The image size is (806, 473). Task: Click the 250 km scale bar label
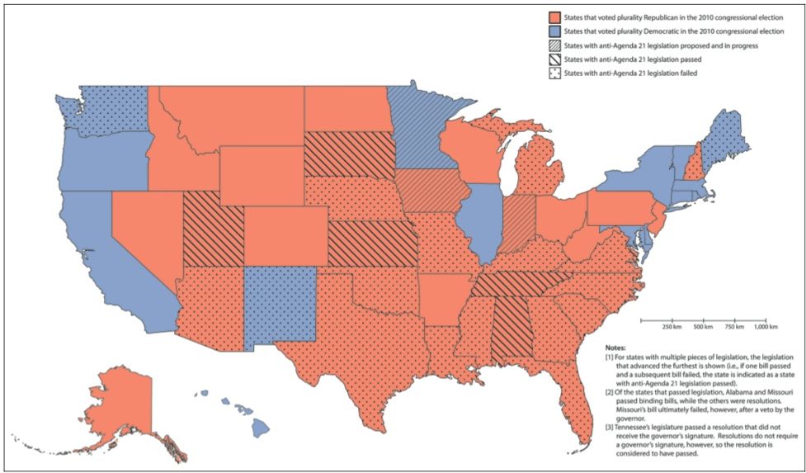tap(672, 328)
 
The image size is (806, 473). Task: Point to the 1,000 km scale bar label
tap(765, 328)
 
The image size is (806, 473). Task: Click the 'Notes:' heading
tap(615, 348)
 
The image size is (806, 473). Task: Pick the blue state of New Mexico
tap(280, 305)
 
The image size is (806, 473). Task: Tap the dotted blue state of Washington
tap(115, 111)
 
